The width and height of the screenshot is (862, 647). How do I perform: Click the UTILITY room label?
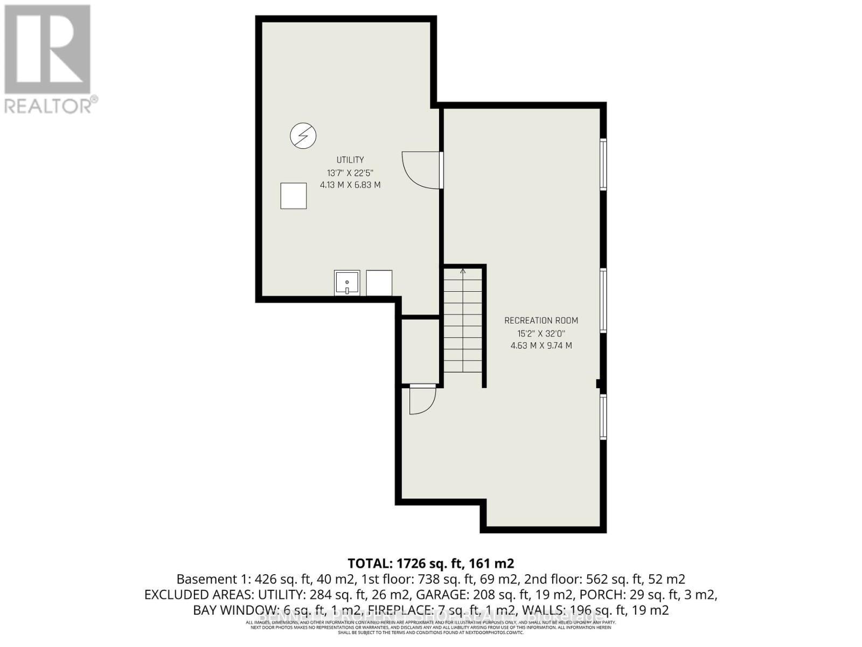[350, 160]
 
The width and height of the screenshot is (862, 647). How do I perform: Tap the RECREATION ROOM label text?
[541, 320]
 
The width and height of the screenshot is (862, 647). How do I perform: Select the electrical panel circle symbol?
[303, 135]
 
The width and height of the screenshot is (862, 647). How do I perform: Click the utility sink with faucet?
[346, 283]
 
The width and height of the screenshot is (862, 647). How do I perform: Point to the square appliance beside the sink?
[379, 283]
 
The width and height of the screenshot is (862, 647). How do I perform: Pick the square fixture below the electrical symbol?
[294, 196]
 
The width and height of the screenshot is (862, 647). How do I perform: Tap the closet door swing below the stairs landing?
[422, 400]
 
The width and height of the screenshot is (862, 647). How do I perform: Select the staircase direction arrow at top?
[463, 271]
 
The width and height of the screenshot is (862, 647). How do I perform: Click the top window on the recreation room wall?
[603, 164]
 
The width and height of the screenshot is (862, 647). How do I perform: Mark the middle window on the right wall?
[603, 300]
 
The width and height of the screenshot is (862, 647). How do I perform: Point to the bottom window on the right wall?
[603, 417]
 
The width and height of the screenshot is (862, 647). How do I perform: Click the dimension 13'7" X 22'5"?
[350, 173]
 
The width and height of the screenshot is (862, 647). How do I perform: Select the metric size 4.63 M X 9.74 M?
[541, 346]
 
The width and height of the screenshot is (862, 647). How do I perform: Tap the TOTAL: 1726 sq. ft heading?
[430, 563]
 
